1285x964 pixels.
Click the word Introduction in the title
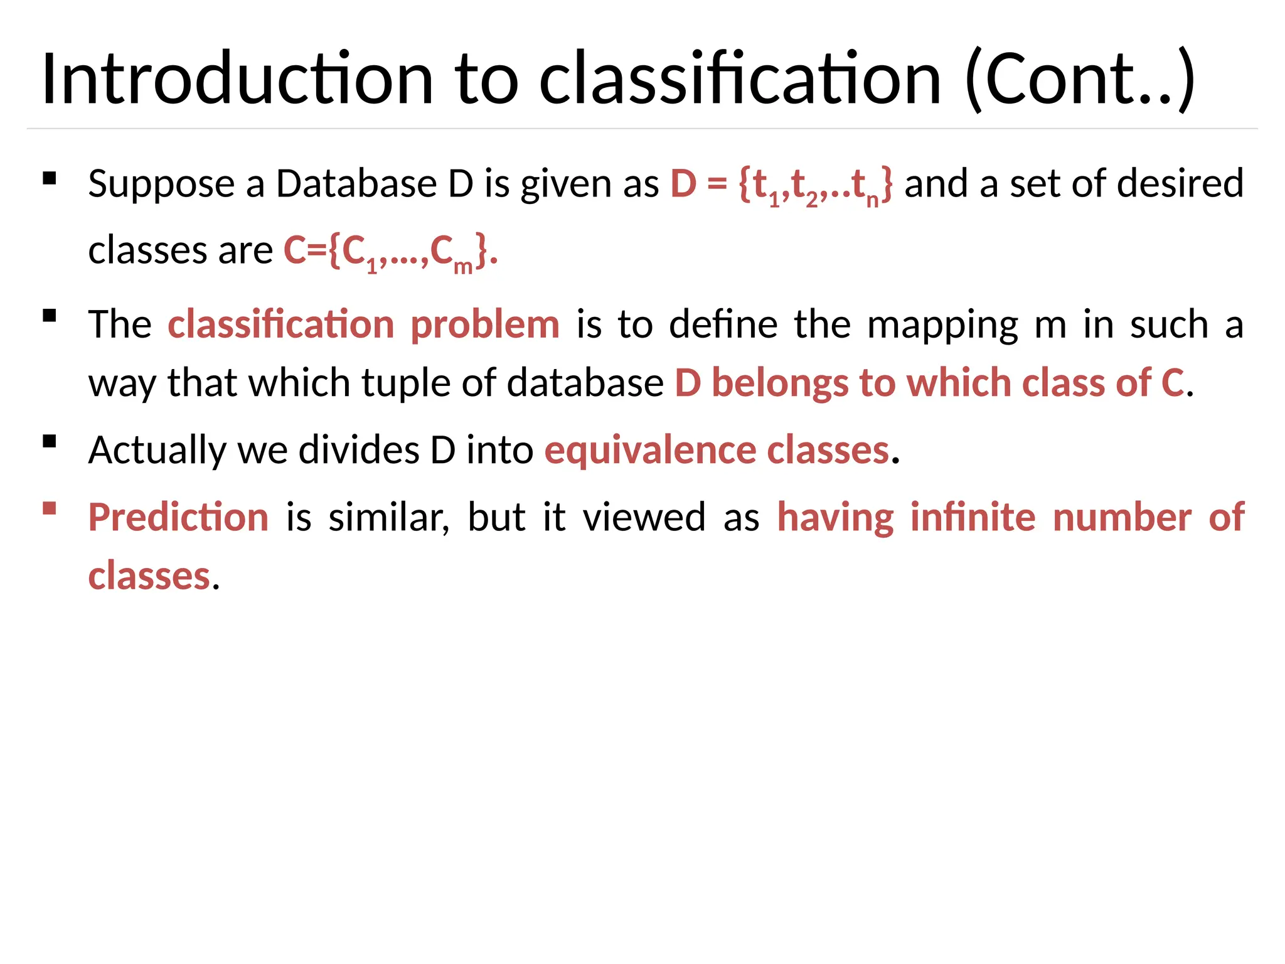237,79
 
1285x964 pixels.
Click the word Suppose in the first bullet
161,185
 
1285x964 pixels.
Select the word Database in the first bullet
356,185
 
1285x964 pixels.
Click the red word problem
484,325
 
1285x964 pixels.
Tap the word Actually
157,451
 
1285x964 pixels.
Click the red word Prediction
179,518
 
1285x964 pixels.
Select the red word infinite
973,518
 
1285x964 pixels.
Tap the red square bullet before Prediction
50,508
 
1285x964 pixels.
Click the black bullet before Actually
50,441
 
